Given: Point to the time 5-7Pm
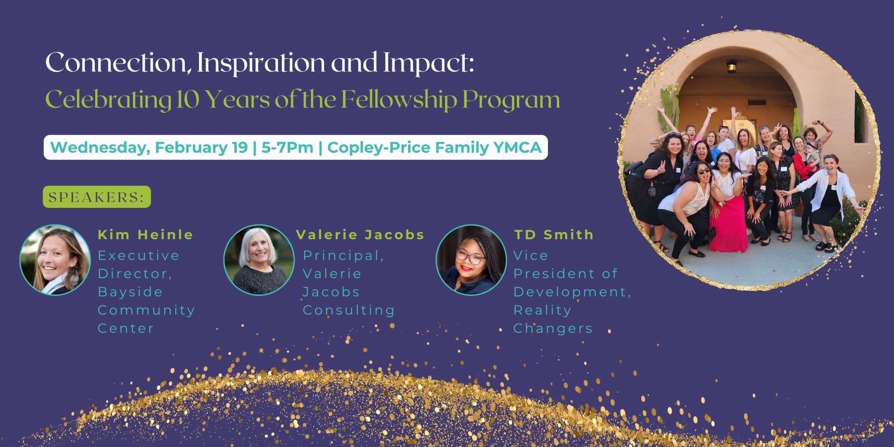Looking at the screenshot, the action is [287, 147].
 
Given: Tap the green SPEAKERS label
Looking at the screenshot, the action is [97, 197].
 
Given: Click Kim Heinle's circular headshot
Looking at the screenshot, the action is [55, 260].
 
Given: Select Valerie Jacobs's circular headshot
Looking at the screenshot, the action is [259, 260].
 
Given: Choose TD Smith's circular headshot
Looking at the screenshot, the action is [471, 260].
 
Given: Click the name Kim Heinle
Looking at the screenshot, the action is [146, 235].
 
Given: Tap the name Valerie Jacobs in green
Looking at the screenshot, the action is [360, 235].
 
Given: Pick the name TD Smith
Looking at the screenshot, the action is [554, 235].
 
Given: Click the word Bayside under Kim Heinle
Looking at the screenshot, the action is [130, 292].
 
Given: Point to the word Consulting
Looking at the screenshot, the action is [349, 310].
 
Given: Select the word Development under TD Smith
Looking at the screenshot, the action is [572, 292].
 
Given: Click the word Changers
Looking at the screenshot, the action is [553, 329].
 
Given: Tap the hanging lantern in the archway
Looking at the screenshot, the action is [732, 66].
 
